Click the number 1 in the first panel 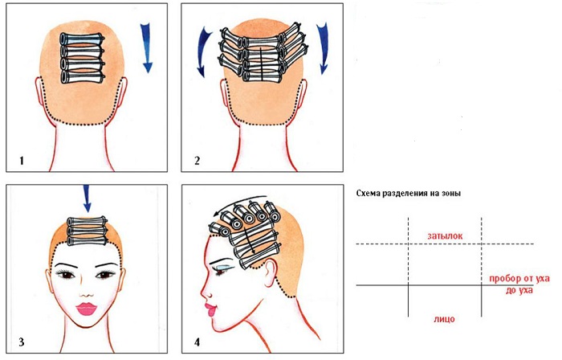pos(22,160)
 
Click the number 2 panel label pos(197,160)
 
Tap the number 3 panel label pos(22,342)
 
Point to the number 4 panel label pos(197,342)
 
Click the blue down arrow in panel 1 pos(146,47)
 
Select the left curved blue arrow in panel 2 pos(205,52)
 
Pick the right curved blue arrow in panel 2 pos(322,48)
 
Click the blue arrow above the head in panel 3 pos(87,198)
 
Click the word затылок pos(445,236)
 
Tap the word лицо pos(444,318)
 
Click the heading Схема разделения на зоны pos(409,194)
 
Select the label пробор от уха pos(519,279)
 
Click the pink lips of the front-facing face pos(86,309)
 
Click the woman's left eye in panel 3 pos(104,275)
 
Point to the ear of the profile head pos(271,272)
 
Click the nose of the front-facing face pos(86,292)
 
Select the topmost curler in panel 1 pos(83,39)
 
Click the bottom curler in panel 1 pos(83,77)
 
